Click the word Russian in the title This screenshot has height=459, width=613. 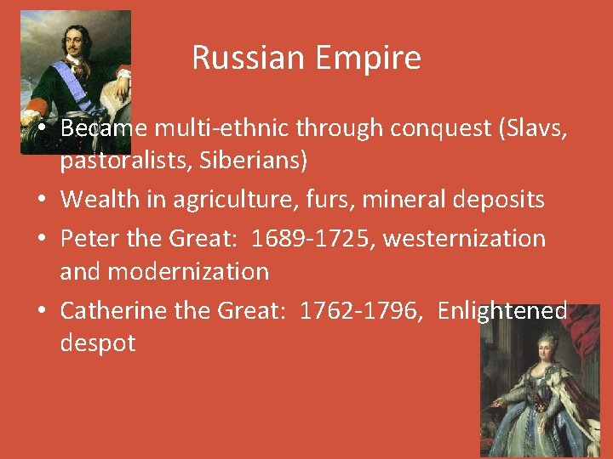(239, 58)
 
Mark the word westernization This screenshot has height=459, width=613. (465, 239)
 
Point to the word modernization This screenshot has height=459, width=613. (164, 272)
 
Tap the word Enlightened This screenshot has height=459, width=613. (501, 311)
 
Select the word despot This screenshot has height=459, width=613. (98, 343)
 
